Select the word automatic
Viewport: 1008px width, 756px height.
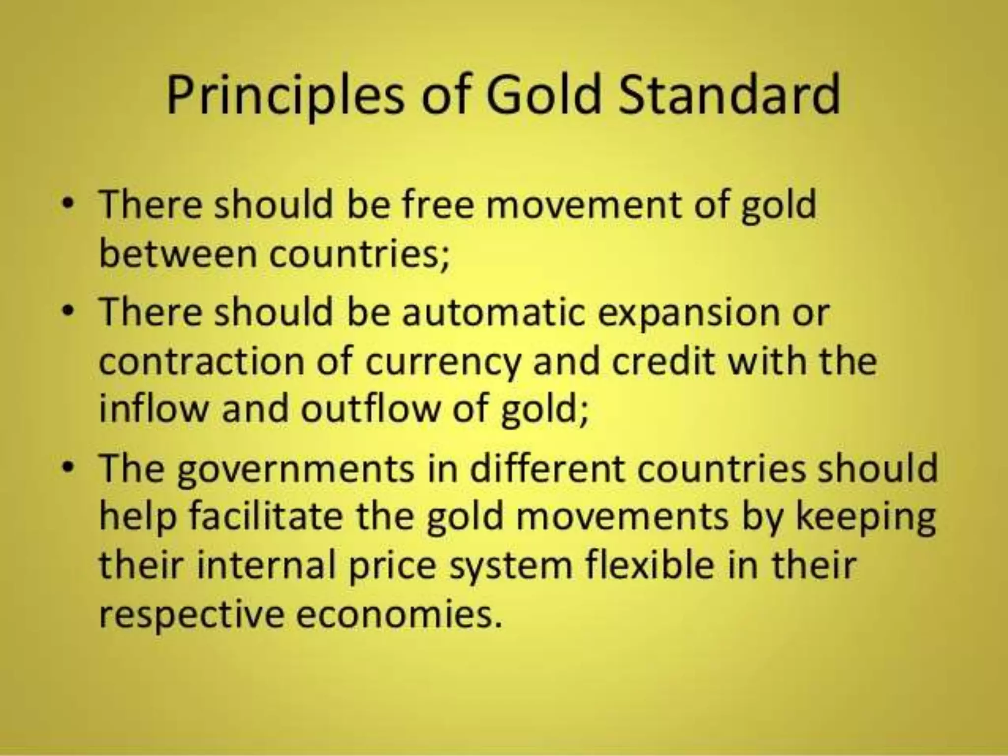pyautogui.click(x=492, y=312)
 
